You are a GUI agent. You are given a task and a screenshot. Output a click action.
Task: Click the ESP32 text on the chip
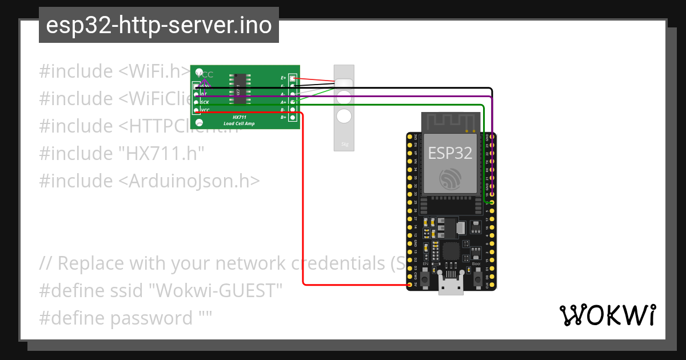click(450, 153)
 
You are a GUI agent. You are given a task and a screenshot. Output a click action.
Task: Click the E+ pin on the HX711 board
click(293, 78)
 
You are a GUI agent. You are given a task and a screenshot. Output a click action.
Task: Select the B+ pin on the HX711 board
click(293, 117)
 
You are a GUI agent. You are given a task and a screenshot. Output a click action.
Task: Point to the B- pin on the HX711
click(293, 109)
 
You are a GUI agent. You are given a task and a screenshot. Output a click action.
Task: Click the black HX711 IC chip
click(240, 89)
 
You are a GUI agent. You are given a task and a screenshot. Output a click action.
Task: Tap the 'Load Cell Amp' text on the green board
click(240, 123)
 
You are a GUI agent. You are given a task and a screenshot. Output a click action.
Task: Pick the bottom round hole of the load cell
click(344, 116)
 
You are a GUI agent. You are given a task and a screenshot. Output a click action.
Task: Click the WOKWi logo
click(607, 315)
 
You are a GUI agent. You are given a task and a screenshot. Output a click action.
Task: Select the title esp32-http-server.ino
click(158, 25)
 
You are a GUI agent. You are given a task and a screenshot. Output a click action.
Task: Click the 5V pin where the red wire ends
click(410, 285)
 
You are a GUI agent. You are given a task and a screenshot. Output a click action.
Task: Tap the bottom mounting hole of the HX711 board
click(199, 123)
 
